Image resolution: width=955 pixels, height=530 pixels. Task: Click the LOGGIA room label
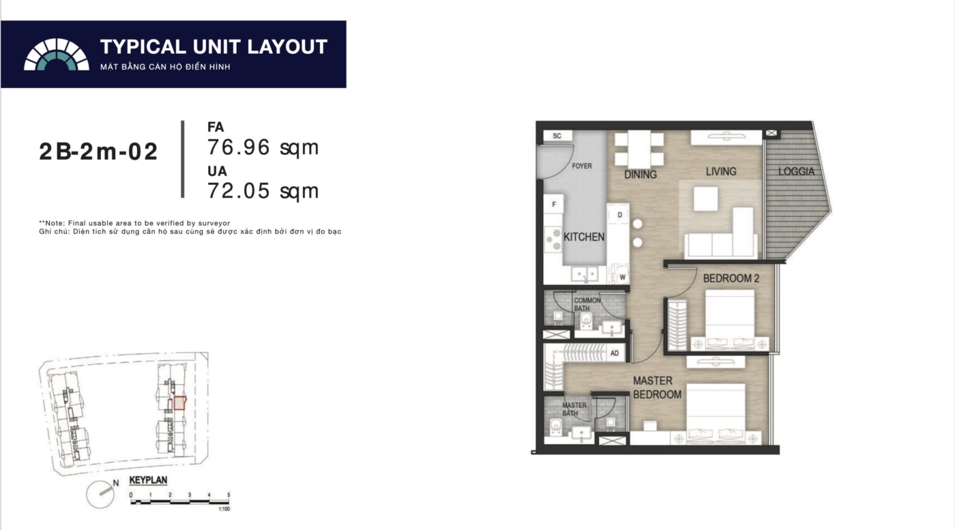pyautogui.click(x=796, y=171)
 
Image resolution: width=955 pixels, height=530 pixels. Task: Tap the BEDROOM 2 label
pyautogui.click(x=731, y=278)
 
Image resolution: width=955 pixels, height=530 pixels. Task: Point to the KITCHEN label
pyautogui.click(x=584, y=237)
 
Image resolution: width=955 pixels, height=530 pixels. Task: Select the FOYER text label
pyautogui.click(x=581, y=166)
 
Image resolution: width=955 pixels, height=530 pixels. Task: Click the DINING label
pyautogui.click(x=641, y=175)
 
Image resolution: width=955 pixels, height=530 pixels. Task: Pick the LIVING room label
pyautogui.click(x=721, y=171)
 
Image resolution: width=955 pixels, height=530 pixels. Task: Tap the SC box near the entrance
pyautogui.click(x=557, y=136)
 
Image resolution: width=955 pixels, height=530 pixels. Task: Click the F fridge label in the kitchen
pyautogui.click(x=554, y=204)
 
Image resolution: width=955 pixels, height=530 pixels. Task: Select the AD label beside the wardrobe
pyautogui.click(x=615, y=353)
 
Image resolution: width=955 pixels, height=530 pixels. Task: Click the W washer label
pyautogui.click(x=622, y=277)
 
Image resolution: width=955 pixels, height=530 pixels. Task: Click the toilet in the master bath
pyautogui.click(x=555, y=427)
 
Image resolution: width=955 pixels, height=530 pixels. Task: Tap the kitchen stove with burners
pyautogui.click(x=553, y=239)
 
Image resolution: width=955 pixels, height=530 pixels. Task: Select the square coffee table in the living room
pyautogui.click(x=705, y=199)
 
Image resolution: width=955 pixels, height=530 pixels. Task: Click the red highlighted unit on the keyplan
pyautogui.click(x=180, y=403)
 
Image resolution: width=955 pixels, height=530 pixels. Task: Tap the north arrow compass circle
pyautogui.click(x=100, y=495)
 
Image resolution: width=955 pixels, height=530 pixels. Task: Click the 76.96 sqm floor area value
pyautogui.click(x=263, y=147)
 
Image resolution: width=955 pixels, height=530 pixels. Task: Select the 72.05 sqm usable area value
pyautogui.click(x=263, y=190)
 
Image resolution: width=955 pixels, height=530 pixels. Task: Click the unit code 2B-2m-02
pyautogui.click(x=98, y=152)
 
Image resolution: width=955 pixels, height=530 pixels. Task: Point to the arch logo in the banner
pyautogui.click(x=56, y=54)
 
